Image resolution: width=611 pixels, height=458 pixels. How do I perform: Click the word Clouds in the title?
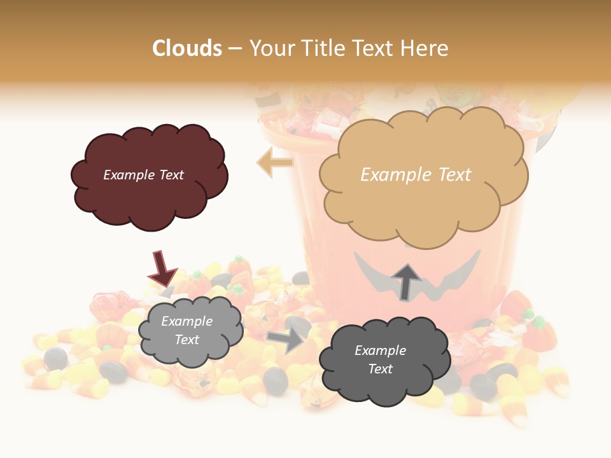coord(187,48)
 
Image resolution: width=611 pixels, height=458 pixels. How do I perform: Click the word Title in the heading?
coord(322,48)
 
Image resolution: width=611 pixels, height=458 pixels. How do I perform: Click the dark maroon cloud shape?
coord(149,191)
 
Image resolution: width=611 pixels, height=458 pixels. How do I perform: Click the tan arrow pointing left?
coord(274,162)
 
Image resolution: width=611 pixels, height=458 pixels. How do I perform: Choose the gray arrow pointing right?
coord(286,340)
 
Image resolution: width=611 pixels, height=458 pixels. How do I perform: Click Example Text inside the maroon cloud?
coord(143,175)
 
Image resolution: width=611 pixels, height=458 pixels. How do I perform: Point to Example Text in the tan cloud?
coord(416,175)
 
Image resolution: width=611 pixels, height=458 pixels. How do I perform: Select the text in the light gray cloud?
coord(187,330)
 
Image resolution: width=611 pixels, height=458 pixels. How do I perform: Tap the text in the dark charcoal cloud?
coord(380,359)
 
